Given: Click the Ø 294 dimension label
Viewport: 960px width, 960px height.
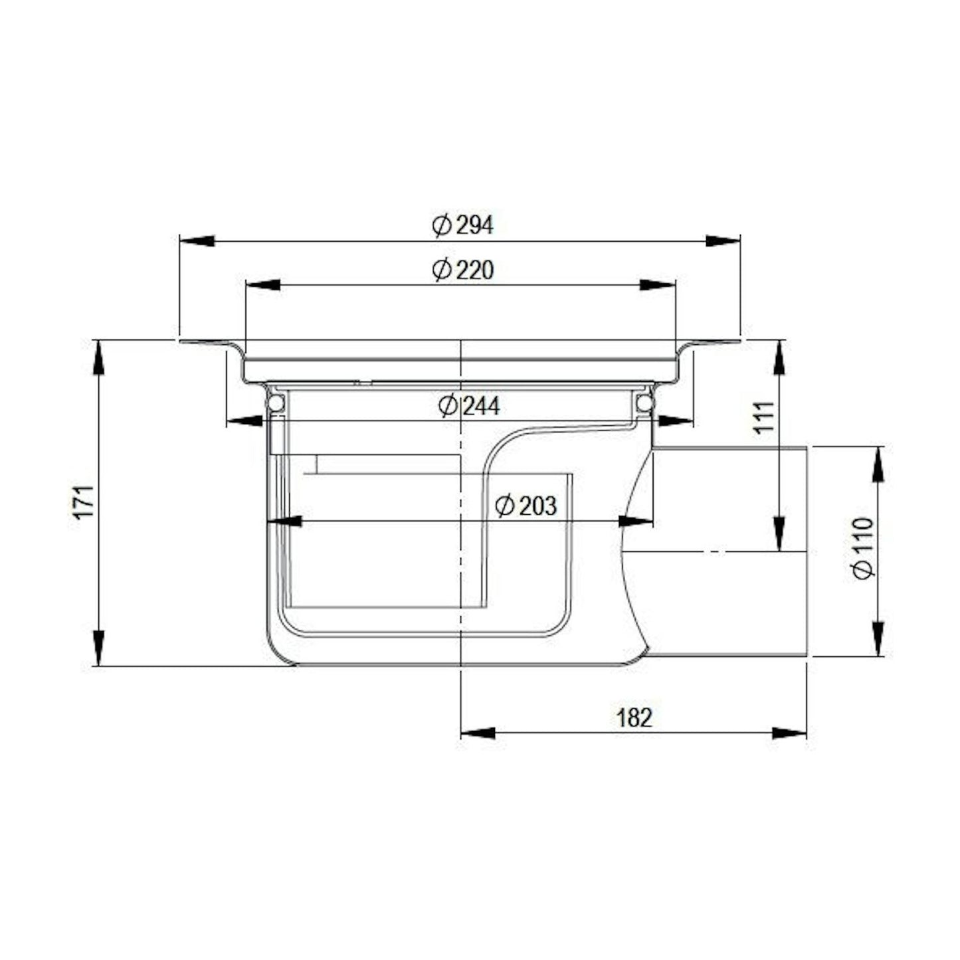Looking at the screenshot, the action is point(463,226).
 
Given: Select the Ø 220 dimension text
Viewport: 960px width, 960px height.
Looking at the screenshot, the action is point(463,270).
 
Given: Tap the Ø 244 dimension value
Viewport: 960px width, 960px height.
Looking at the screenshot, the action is point(469,407).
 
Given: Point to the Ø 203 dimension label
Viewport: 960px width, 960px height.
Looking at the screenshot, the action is point(526,506).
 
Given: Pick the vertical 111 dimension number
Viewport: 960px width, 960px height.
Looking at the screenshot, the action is point(764,417).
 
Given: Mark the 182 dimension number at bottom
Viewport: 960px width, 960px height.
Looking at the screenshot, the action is point(634,718).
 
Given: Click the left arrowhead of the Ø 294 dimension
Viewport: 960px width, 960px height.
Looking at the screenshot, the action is point(197,241).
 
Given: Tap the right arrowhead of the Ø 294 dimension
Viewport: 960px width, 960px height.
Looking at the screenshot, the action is point(723,241).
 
